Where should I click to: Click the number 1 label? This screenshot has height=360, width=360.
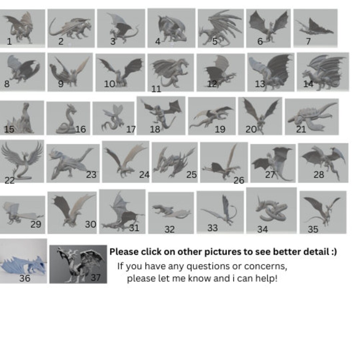coord(9,42)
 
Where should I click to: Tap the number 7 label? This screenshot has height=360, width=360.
coord(308,41)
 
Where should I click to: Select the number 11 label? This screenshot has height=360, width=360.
coord(156,89)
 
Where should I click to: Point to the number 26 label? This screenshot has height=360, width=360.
coord(239,180)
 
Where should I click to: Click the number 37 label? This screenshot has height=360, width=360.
coord(96,278)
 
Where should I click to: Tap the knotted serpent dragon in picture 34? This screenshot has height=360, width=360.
coord(271,210)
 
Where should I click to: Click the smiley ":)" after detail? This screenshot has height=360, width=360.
coord(334,252)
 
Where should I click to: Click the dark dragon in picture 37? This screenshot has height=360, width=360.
coord(79,264)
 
